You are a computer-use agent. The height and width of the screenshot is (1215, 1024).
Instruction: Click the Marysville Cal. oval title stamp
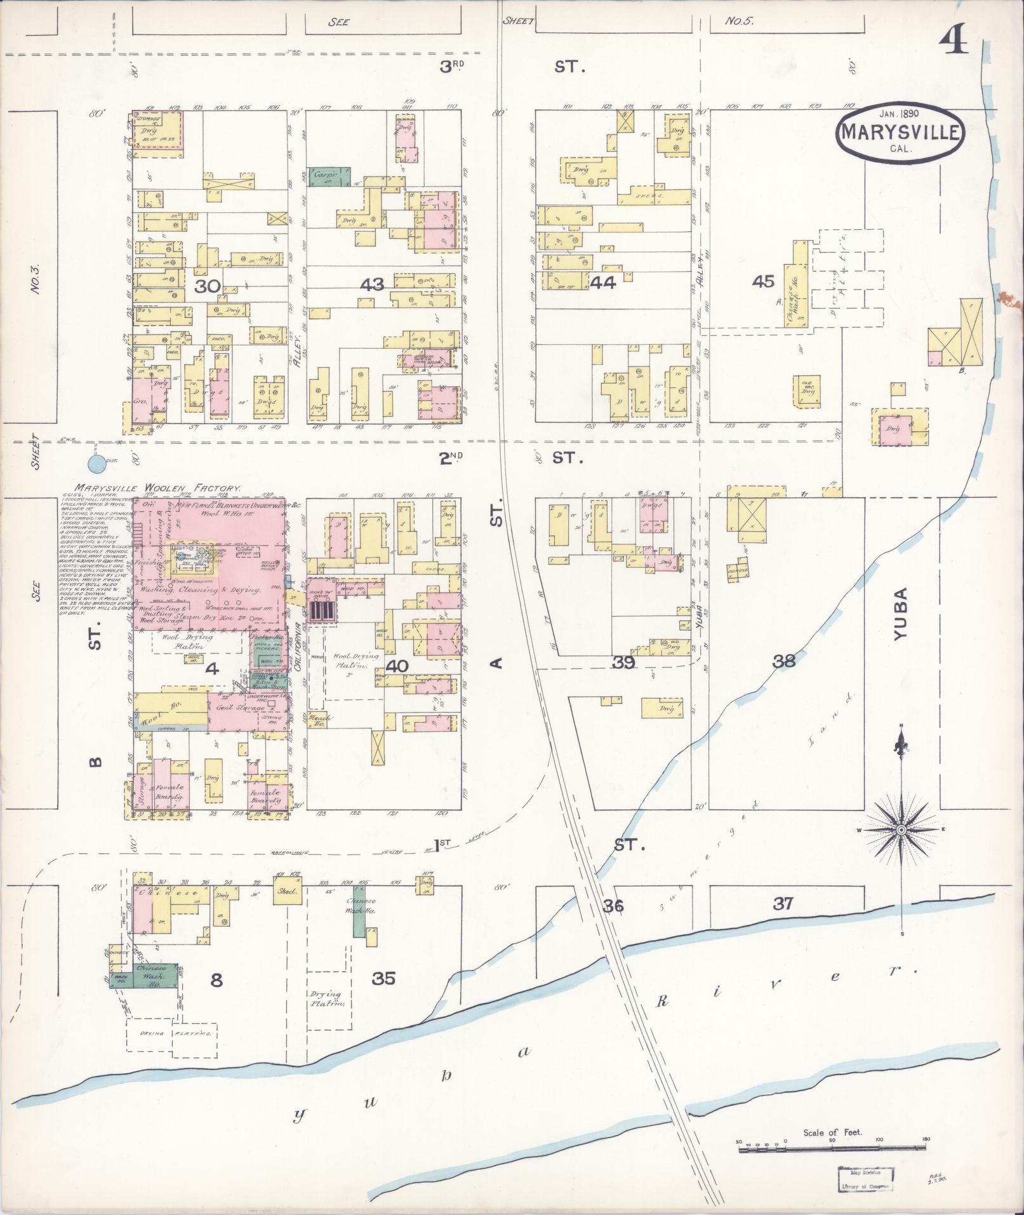(900, 132)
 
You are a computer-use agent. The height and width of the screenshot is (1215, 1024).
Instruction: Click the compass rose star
(901, 830)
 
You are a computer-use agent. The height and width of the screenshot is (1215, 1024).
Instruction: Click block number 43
(372, 285)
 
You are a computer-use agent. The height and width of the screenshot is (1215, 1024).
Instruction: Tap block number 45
(762, 281)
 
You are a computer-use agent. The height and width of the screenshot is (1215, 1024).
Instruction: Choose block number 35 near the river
(383, 979)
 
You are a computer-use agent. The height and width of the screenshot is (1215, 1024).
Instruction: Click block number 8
(216, 981)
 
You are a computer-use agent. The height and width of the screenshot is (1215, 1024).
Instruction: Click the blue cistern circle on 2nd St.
(96, 464)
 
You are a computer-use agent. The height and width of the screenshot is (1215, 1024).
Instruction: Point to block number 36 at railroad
(613, 906)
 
